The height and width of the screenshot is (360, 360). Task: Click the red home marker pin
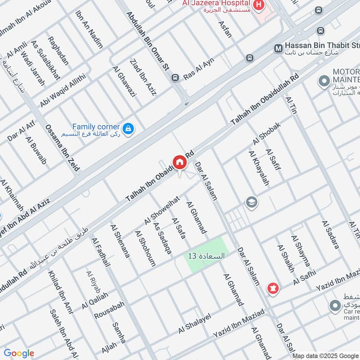179,162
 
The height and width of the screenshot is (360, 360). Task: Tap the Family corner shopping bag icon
129,129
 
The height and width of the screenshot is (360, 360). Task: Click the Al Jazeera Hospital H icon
259,5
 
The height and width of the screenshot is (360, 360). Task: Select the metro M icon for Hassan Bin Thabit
279,47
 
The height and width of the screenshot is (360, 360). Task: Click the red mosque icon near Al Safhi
272,287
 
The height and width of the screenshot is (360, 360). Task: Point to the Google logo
19,353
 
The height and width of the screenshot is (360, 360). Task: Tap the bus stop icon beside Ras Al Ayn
175,78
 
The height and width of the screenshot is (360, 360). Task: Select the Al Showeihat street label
162,210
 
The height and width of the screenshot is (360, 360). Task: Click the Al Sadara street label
330,234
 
